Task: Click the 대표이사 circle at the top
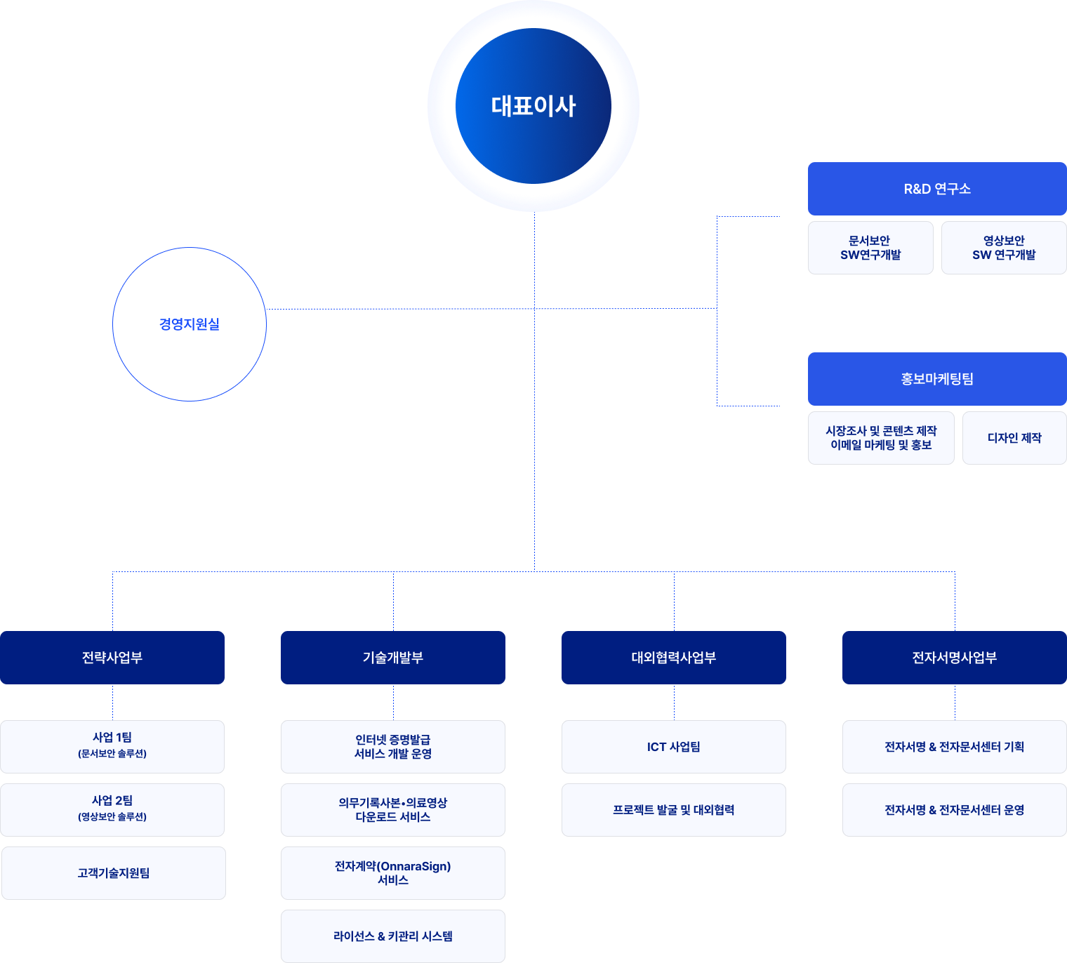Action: coord(533,106)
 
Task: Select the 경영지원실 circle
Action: coord(190,324)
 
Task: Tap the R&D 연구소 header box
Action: coord(937,189)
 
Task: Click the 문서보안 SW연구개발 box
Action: coord(870,248)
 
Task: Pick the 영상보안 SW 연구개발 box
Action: coord(1004,248)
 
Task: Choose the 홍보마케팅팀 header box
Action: coord(937,379)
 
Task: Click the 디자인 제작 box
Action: coord(1014,438)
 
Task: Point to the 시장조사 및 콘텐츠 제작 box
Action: coord(881,438)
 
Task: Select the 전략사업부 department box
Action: coord(112,658)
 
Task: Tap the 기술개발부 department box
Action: coord(393,658)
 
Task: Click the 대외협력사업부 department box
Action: coord(674,658)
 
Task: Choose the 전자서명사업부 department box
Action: coord(955,658)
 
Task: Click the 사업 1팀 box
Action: coord(112,747)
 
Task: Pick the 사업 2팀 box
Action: coord(112,810)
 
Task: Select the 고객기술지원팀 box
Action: coord(114,873)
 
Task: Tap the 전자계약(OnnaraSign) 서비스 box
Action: coord(393,873)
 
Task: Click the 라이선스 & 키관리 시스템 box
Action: coord(393,936)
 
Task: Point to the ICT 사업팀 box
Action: coord(674,747)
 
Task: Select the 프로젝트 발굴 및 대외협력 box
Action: coord(674,810)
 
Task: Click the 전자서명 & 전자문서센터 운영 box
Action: coord(955,810)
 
